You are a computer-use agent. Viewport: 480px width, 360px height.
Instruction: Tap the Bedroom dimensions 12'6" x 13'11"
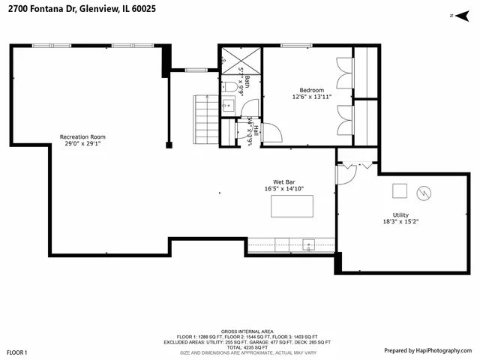311,97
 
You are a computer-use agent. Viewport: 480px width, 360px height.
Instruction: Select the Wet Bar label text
283,181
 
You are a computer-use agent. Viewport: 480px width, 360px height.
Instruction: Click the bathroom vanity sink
228,106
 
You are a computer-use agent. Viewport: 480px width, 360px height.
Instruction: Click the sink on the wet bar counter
308,244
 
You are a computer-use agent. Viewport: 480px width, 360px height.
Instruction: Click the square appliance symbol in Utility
400,189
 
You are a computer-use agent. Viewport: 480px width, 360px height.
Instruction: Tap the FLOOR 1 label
17,352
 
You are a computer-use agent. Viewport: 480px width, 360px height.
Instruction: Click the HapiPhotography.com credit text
427,350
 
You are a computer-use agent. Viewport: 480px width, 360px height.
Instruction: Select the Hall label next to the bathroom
256,130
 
